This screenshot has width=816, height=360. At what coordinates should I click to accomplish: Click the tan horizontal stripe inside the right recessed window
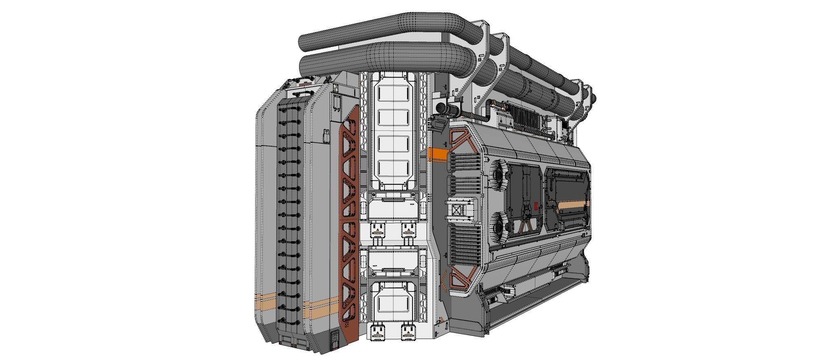coord(573,205)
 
